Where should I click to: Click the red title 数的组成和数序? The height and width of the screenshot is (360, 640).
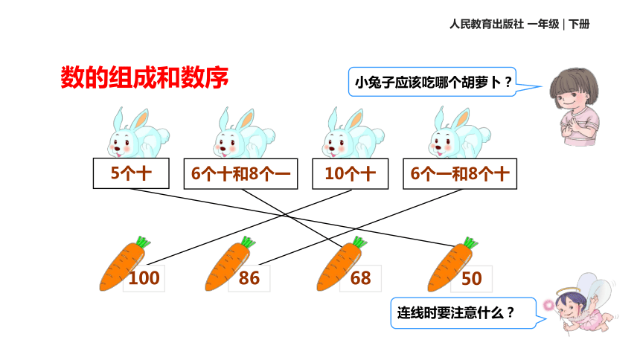coord(144,77)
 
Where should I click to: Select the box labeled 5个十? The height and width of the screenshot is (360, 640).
coord(131,173)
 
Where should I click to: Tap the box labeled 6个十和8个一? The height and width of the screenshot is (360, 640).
coord(241,174)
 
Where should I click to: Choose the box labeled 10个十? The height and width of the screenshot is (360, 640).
coord(351,174)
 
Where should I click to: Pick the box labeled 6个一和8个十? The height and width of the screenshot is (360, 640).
coord(460,174)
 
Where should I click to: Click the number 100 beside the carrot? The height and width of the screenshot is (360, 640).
coord(144,278)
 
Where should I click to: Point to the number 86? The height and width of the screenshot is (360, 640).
coord(249,278)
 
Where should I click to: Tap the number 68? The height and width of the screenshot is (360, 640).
coord(360,278)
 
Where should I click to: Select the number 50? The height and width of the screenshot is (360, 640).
coord(471,279)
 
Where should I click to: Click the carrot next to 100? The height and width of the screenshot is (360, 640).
coord(123,266)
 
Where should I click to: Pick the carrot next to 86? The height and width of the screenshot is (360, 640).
coord(228,266)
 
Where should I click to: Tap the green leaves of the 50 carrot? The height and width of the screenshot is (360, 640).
coord(470,242)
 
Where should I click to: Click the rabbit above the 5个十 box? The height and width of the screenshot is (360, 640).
coord(138,133)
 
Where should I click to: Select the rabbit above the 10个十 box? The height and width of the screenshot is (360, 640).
coord(353,133)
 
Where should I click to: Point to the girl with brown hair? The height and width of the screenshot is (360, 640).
coord(575,106)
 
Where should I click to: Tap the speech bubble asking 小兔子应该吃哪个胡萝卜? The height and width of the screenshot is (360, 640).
coord(432,82)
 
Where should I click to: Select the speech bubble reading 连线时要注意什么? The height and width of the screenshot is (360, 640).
coord(464,313)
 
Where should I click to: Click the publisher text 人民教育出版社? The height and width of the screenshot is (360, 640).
coord(487,24)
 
